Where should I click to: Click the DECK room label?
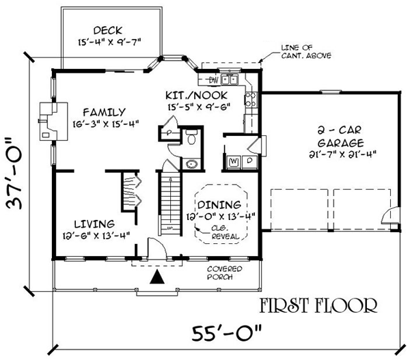pos(108,30)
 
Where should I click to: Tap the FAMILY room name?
pos(105,113)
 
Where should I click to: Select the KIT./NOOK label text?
pos(197,96)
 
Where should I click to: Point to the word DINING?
pos(219,205)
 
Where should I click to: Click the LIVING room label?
pos(94,224)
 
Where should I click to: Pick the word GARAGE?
pos(341,143)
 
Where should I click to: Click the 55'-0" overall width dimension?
pos(226,333)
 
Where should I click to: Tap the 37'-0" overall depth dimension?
pos(14,173)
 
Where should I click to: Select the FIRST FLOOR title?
pos(318,305)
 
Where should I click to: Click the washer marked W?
pos(234,161)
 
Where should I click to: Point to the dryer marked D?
pos(249,161)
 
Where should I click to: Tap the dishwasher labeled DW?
pos(213,80)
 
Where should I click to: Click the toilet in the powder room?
pos(191,137)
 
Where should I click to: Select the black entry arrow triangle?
pos(157,277)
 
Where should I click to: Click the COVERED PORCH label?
pos(225,273)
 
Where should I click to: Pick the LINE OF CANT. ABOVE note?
pos(306,51)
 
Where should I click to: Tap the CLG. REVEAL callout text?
pos(225,232)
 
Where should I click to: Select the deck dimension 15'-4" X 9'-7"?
pos(109,42)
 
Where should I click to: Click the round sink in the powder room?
pos(192,165)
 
